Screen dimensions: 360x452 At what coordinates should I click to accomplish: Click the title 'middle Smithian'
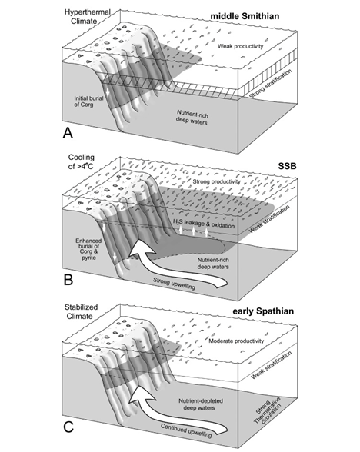(x=245, y=16)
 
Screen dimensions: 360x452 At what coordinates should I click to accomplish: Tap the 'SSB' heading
(x=288, y=166)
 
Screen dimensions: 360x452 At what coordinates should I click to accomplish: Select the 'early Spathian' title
(x=263, y=311)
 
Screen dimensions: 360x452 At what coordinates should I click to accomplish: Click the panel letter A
(x=68, y=133)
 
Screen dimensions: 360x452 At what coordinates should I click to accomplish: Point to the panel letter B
(x=68, y=280)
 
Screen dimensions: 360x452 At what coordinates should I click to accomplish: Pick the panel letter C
(x=68, y=427)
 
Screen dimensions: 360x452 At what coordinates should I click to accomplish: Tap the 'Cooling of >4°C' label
(x=82, y=161)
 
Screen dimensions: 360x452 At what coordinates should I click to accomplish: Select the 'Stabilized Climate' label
(x=80, y=312)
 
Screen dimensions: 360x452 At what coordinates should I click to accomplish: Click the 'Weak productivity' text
(x=240, y=46)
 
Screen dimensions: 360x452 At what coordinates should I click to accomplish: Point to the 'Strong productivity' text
(x=216, y=182)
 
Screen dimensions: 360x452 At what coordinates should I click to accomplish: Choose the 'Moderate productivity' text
(x=236, y=341)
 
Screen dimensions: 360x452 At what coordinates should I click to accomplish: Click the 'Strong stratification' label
(x=270, y=84)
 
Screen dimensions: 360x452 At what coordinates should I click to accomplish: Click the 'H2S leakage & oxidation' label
(x=204, y=224)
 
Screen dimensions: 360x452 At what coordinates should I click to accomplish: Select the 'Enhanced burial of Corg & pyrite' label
(x=89, y=249)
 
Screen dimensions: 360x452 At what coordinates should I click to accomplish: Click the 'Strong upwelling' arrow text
(x=174, y=284)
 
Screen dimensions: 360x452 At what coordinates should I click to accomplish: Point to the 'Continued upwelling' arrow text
(x=186, y=430)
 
